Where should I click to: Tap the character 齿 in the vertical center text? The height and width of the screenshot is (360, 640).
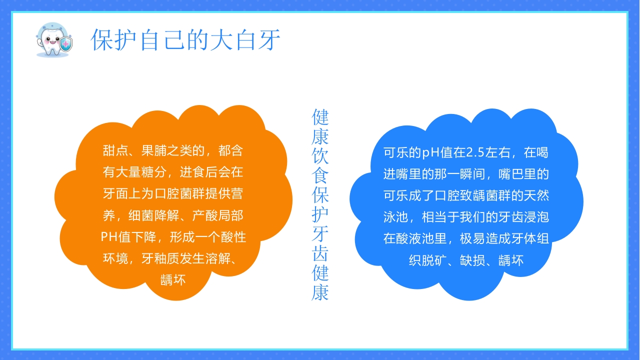coord(320,254)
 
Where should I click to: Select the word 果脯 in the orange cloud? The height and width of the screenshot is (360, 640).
coord(154,150)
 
